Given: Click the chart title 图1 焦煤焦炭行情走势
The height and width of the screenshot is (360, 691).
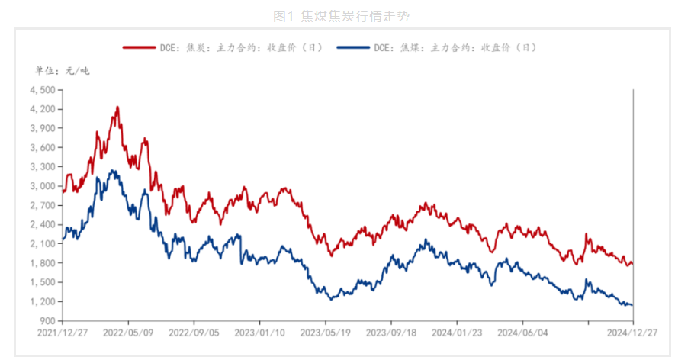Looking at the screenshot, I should (345, 15).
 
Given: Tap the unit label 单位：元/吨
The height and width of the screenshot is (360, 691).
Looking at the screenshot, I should (63, 71).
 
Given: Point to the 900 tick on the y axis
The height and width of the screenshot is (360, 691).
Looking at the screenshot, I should (47, 320).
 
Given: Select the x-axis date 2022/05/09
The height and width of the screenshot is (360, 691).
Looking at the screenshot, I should (127, 333).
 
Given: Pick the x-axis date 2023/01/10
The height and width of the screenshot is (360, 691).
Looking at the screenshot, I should (259, 333).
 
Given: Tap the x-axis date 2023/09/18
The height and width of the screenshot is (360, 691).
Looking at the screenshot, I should (390, 333).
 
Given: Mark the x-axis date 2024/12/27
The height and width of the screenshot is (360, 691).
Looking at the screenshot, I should (632, 333).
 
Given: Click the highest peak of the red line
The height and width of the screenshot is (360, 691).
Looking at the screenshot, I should (117, 108).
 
